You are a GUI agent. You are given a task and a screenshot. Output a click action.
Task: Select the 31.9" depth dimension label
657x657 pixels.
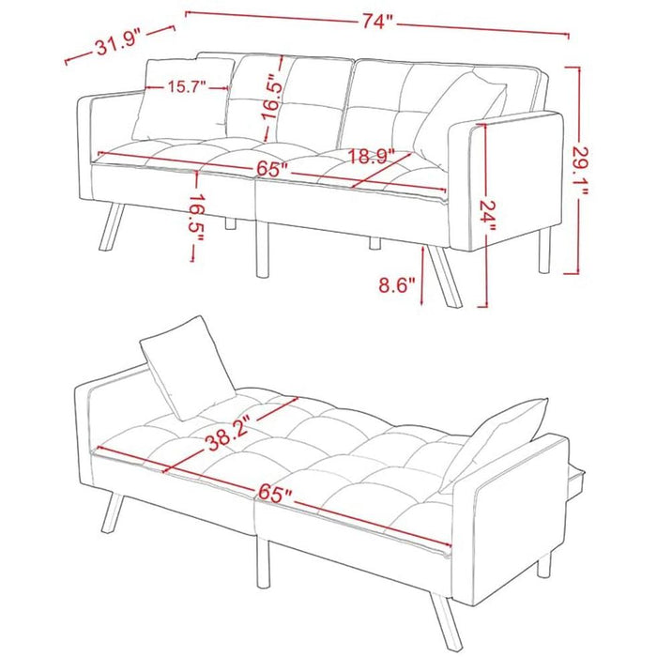pyautogui.click(x=117, y=42)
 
